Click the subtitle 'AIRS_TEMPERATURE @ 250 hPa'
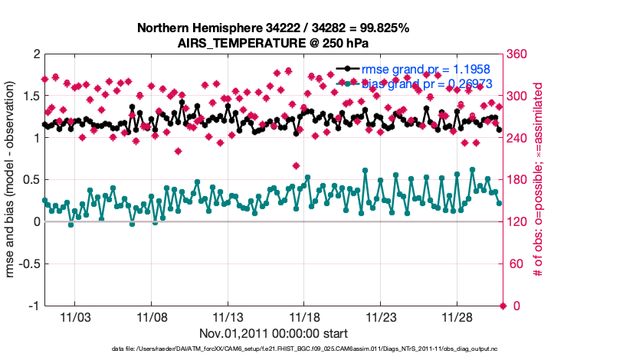(x=273, y=43)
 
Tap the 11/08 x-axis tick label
(x=152, y=318)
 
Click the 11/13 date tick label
(x=228, y=318)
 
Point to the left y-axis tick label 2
(x=36, y=54)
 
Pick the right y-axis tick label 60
(x=516, y=264)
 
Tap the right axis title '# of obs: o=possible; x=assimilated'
(x=538, y=180)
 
